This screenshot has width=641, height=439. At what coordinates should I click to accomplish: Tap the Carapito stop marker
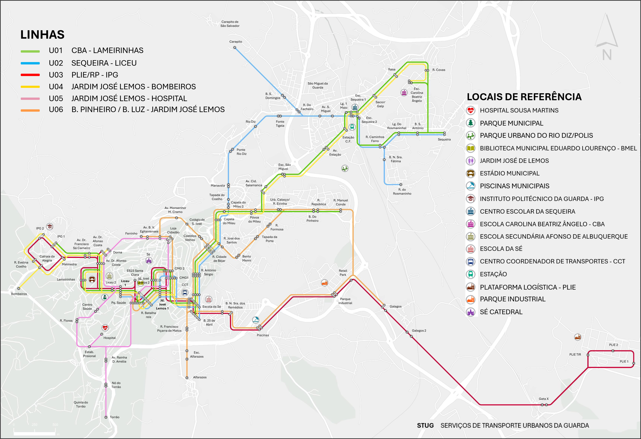[x=235, y=47]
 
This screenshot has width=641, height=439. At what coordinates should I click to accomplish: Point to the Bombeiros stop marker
[x=19, y=288]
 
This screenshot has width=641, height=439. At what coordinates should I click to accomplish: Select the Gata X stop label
[x=544, y=399]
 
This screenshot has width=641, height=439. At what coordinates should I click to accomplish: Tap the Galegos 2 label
[x=419, y=331]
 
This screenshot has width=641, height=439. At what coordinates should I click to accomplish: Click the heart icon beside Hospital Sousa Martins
[x=471, y=110]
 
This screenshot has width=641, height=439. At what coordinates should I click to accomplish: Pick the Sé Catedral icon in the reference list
[x=471, y=312]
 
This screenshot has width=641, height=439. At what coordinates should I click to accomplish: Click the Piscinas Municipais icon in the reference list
[x=471, y=186]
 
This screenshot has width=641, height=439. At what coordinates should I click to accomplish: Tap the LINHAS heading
[x=43, y=35]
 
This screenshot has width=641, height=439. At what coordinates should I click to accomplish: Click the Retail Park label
[x=343, y=273]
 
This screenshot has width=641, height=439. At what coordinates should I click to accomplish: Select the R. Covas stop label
[x=439, y=70]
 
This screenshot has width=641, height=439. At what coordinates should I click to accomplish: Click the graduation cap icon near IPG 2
[x=49, y=227]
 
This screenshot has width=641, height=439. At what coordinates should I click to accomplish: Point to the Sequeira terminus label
[x=444, y=139]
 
